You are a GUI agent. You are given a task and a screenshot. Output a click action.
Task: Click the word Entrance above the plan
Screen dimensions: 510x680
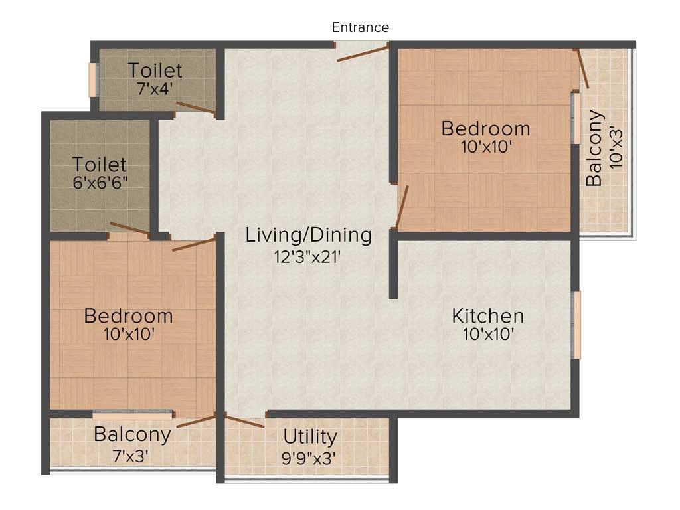point(360,27)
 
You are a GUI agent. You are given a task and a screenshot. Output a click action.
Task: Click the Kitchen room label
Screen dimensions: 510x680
point(488,315)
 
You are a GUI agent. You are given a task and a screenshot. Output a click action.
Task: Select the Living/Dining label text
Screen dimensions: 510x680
point(308,234)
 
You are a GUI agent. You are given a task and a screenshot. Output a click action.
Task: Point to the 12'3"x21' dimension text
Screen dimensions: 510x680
point(308,256)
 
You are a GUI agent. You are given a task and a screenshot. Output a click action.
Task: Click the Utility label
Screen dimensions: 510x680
point(310,437)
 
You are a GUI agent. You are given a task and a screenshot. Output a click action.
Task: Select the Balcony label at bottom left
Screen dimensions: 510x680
point(132,435)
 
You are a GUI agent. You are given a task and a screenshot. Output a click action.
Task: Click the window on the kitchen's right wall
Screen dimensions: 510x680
point(577,324)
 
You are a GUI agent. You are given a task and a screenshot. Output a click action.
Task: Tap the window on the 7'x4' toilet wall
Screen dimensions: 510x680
point(93,80)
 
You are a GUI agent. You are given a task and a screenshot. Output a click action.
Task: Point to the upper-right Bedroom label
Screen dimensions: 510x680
point(485,127)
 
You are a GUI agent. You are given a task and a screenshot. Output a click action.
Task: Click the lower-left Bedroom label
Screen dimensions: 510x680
point(128,316)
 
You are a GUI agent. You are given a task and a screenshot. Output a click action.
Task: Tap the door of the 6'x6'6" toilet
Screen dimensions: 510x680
point(129,230)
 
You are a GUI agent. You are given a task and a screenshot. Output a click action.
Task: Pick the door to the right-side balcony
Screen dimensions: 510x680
point(582,69)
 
